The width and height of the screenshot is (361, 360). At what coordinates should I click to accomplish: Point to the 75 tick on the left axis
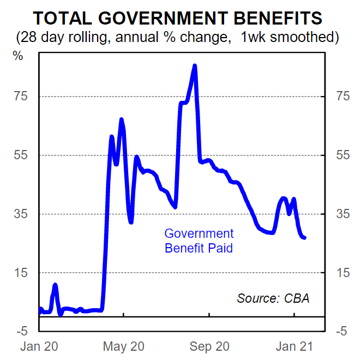(x=26, y=97)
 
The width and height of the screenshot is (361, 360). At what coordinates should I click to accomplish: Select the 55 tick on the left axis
(x=26, y=155)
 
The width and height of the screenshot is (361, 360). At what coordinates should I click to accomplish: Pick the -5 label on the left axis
(x=25, y=331)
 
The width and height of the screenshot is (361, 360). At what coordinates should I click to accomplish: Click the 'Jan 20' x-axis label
(x=39, y=346)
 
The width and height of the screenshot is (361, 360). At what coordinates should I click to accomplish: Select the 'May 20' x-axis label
(x=124, y=346)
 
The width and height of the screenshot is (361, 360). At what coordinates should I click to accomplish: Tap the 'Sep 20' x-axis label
(x=209, y=346)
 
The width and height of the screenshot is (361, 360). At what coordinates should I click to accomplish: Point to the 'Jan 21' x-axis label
(x=294, y=346)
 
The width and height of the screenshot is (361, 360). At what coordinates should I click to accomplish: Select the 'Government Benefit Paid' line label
(x=199, y=241)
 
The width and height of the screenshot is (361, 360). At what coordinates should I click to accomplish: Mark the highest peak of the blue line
(x=195, y=66)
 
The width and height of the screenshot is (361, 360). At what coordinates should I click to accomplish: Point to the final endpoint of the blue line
(x=304, y=237)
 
